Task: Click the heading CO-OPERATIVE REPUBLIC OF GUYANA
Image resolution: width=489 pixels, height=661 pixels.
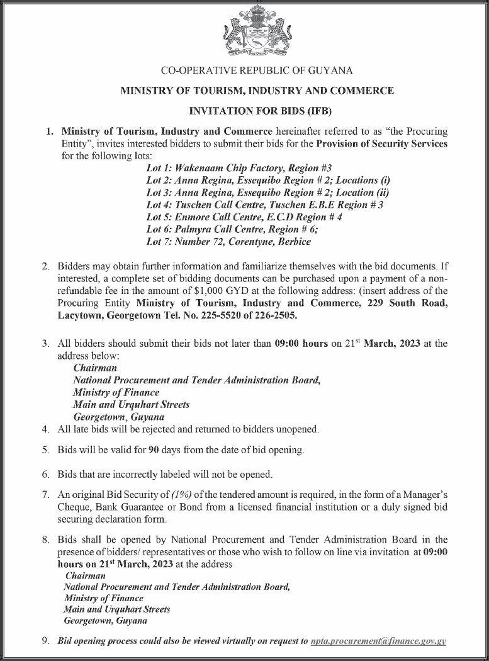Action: (x=257, y=70)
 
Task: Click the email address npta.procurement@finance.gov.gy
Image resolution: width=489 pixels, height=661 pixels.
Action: (x=378, y=641)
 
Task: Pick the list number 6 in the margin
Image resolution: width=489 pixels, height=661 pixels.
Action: (x=45, y=473)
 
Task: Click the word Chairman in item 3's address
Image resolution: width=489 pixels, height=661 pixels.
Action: (x=95, y=368)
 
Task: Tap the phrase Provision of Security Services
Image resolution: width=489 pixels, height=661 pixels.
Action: (x=381, y=144)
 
